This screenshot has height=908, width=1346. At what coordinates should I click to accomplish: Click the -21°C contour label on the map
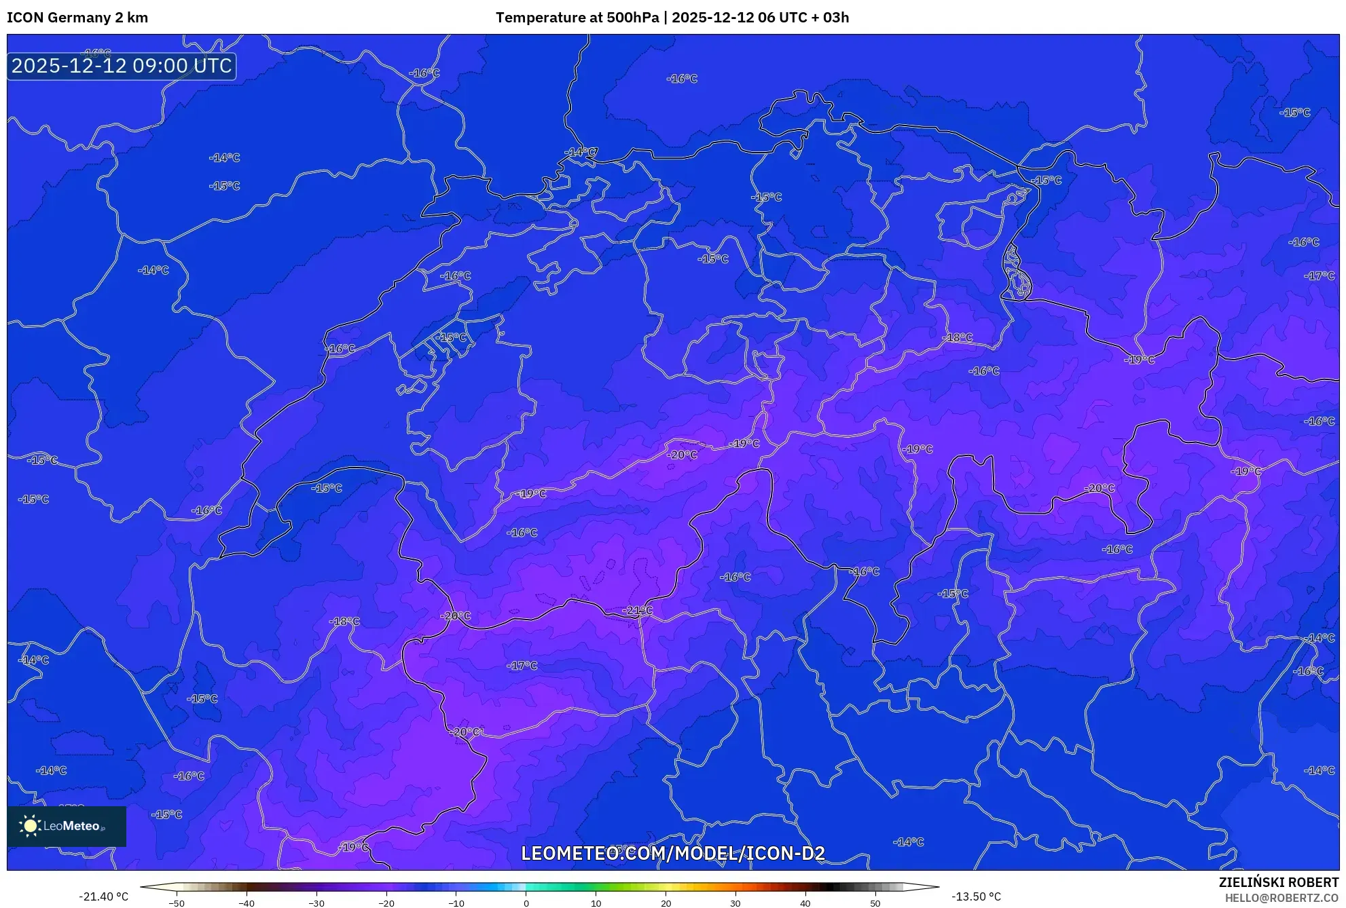click(x=638, y=611)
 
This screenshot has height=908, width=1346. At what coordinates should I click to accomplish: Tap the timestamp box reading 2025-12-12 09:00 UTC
click(x=122, y=66)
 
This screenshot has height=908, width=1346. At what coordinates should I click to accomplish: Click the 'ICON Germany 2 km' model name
click(x=77, y=18)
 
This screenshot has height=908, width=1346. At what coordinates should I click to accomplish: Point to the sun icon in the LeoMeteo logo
click(x=30, y=826)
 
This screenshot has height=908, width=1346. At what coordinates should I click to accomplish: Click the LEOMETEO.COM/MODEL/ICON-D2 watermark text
click(x=673, y=854)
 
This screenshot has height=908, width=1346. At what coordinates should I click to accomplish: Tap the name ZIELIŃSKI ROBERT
click(x=1278, y=882)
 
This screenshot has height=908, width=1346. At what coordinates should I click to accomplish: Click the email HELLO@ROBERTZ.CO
click(x=1281, y=898)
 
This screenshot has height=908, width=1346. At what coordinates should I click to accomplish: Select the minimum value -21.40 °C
click(x=103, y=896)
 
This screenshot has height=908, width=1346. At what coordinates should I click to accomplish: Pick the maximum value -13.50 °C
click(x=976, y=896)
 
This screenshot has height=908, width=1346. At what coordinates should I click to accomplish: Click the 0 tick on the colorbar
click(x=526, y=903)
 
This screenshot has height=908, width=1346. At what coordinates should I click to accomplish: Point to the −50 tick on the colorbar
click(x=177, y=903)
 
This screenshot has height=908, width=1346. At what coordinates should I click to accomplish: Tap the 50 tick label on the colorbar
click(x=875, y=903)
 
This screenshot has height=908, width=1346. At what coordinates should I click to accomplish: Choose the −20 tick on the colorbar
click(x=386, y=903)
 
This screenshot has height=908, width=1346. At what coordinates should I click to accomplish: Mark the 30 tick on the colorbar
click(x=735, y=903)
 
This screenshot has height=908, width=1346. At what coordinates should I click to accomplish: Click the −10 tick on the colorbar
click(x=456, y=903)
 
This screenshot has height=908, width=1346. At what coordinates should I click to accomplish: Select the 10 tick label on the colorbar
click(x=596, y=903)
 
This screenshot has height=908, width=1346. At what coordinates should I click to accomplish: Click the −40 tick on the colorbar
click(x=247, y=903)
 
